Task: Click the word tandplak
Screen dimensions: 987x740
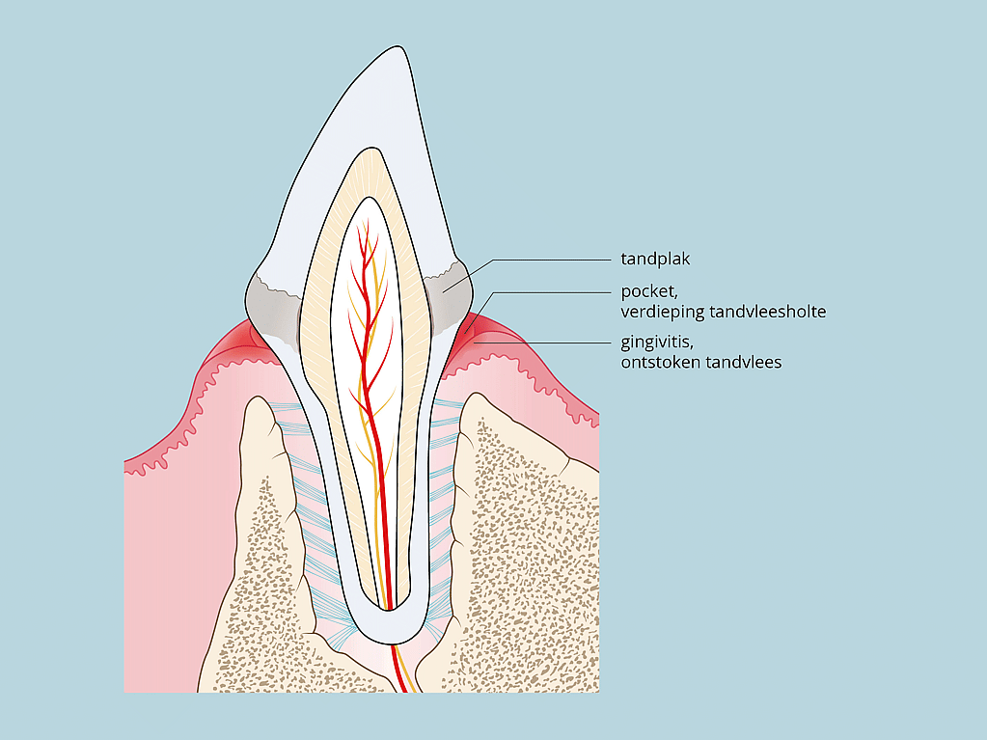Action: click(x=655, y=259)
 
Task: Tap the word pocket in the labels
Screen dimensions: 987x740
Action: click(x=649, y=291)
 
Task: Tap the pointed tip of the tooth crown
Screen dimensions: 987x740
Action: click(x=398, y=46)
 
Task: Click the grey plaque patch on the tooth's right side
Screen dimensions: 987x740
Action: click(x=449, y=296)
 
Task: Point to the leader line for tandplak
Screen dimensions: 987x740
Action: click(x=528, y=269)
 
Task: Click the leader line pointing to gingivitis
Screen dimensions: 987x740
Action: click(x=542, y=343)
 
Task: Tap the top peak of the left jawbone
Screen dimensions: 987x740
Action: click(x=257, y=397)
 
